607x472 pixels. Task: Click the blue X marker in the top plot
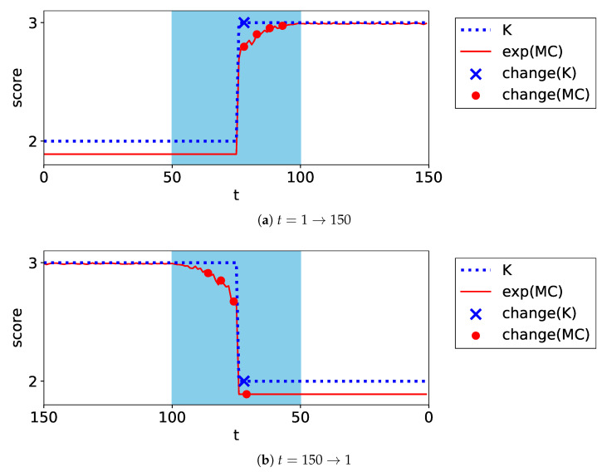[x=243, y=23]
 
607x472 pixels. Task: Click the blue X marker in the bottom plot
[x=243, y=381]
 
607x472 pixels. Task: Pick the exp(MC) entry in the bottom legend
[x=532, y=291]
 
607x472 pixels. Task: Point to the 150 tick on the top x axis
[x=428, y=176]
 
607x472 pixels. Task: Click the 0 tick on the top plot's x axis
[x=44, y=176]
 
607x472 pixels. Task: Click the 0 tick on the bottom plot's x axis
[x=428, y=416]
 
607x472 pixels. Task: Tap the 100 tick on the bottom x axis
[x=172, y=416]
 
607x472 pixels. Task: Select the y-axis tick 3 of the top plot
[x=32, y=23]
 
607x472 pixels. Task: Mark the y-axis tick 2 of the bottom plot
[x=32, y=381]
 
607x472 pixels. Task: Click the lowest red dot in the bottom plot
[x=247, y=394]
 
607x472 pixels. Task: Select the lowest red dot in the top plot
[x=243, y=47]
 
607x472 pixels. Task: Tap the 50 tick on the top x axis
[x=172, y=176]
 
